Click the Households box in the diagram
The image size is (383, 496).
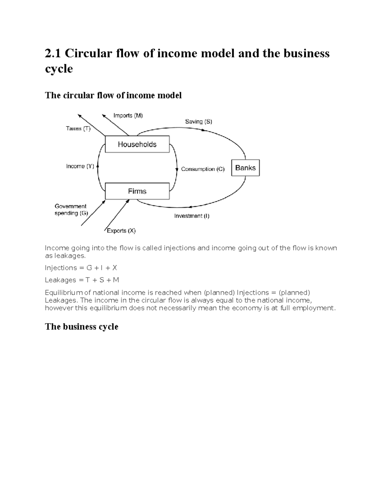137,144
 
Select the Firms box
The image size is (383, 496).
137,191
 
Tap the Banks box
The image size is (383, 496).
245,168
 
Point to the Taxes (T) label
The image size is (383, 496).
78,129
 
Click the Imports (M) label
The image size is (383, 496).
128,116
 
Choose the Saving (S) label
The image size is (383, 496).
199,122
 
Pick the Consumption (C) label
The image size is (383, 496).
203,169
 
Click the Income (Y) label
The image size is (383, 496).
80,166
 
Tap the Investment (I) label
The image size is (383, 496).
191,216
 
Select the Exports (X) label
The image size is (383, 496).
121,231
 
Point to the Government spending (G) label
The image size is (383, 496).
71,210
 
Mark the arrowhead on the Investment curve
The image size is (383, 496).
190,207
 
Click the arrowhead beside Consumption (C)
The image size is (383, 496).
177,169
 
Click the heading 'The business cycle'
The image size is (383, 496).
82,327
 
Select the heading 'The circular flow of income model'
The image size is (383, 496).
113,95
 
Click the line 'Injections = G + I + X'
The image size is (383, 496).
81,268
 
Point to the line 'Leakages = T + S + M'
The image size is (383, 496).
82,280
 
